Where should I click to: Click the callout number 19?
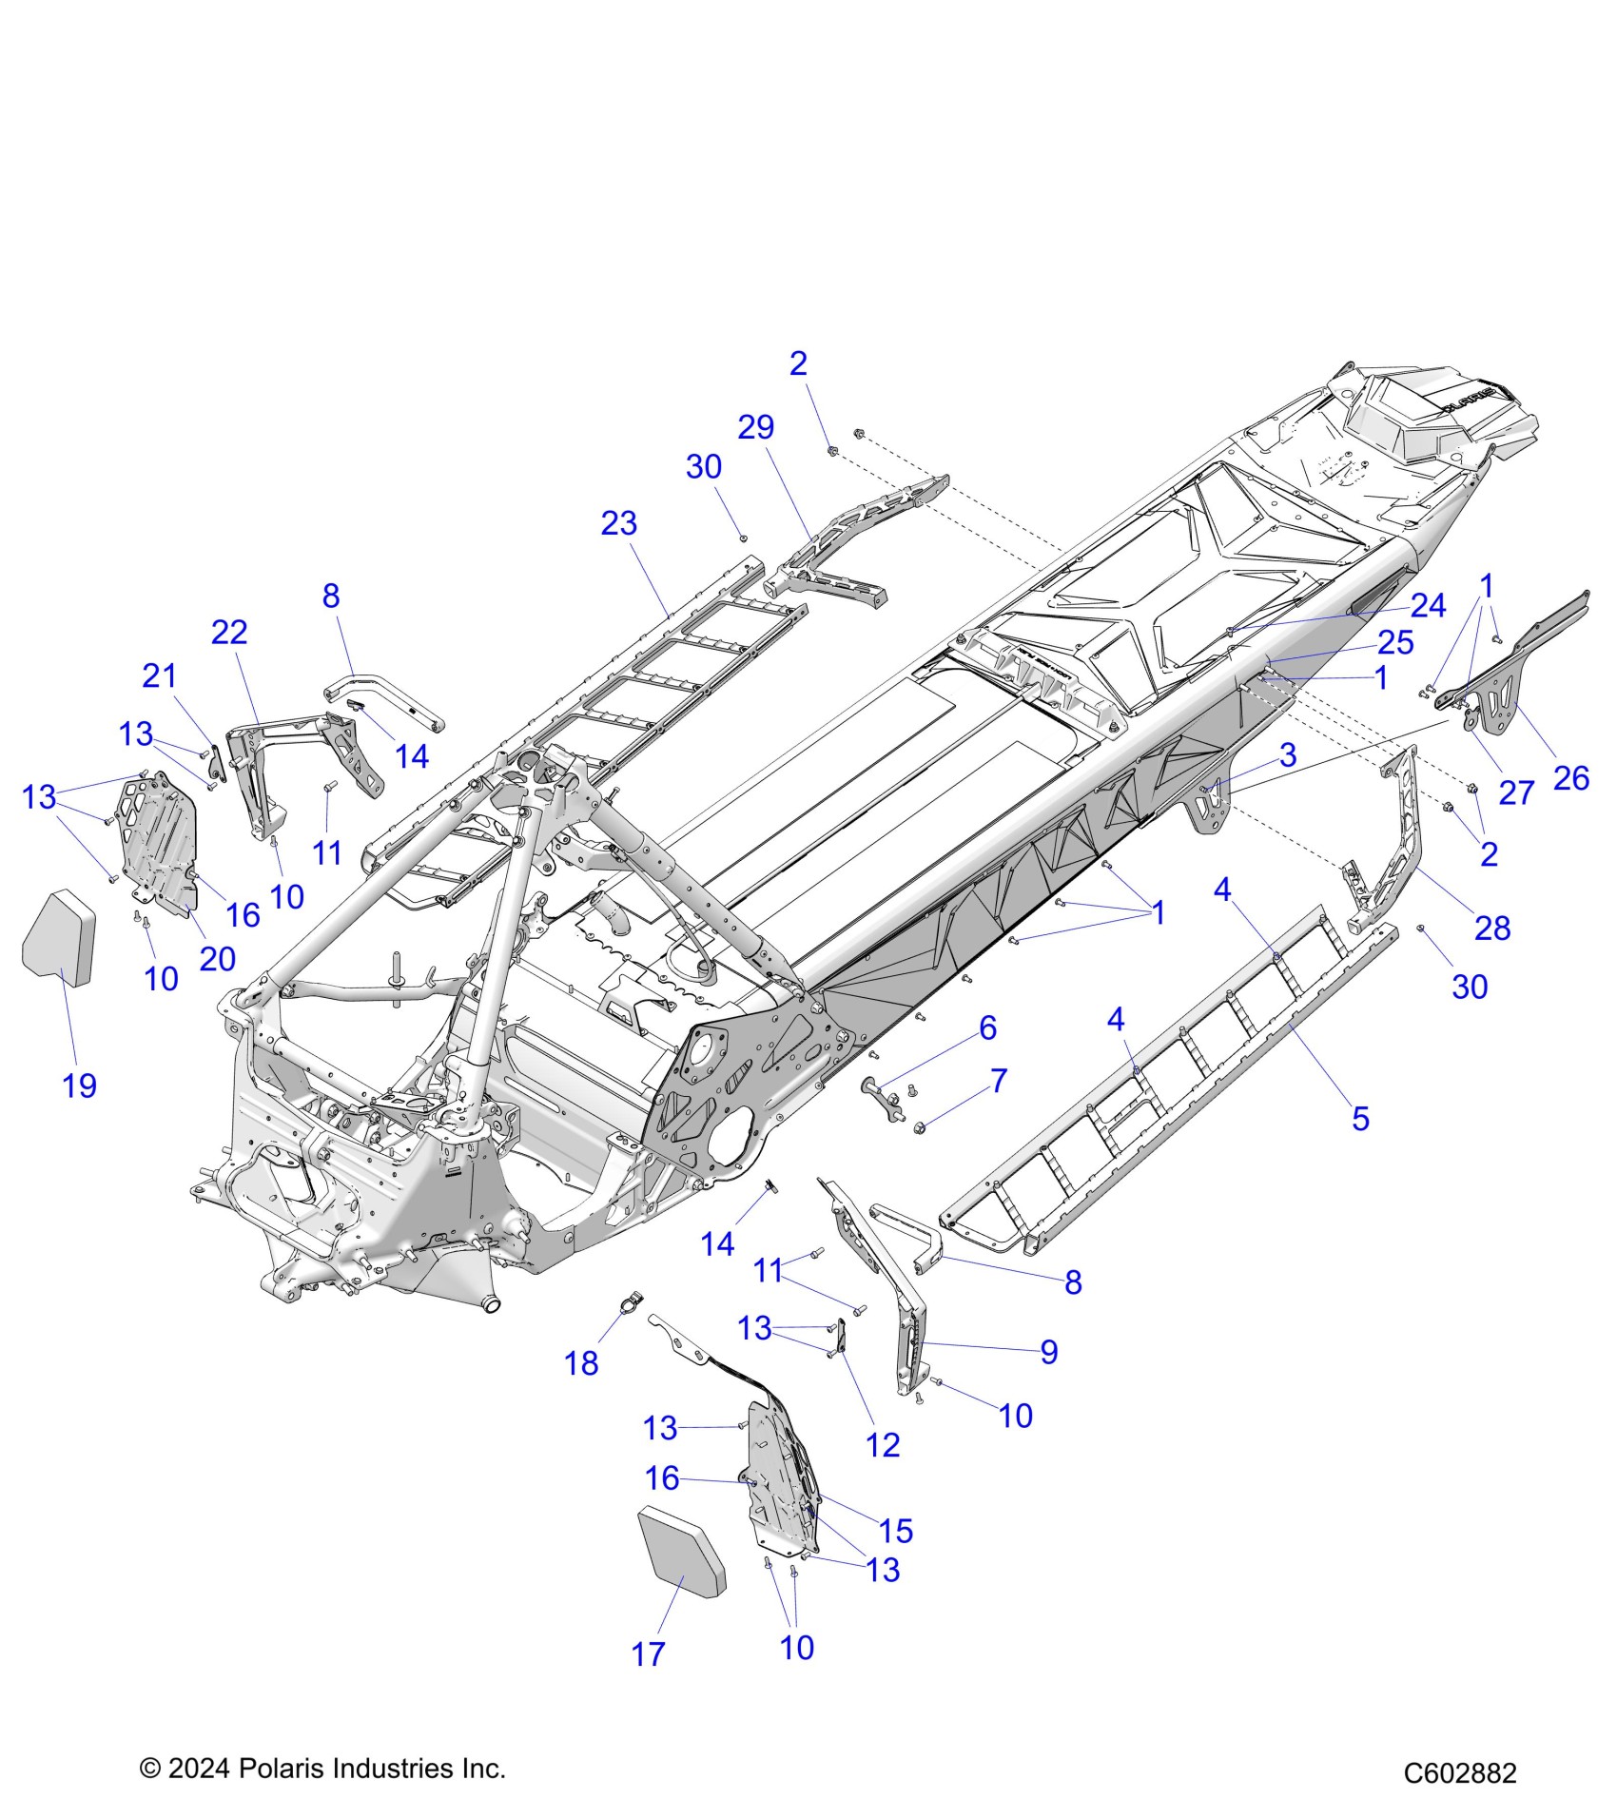pos(80,1086)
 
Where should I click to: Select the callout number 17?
pos(648,1654)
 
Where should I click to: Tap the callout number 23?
pos(619,523)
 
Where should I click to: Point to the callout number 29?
pos(756,427)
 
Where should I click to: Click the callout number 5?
pos(1361,1119)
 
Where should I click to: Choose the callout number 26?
pos(1570,778)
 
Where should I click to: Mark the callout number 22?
pos(229,633)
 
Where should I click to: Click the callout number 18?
pos(581,1363)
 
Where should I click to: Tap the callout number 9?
pos(1049,1352)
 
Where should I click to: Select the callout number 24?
pos(1428,605)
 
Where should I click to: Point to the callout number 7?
pos(999,1081)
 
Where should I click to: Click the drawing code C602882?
pos(1460,1772)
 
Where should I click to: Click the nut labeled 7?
pos(921,1128)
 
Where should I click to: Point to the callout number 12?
pos(883,1445)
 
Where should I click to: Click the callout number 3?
pos(1288,754)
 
